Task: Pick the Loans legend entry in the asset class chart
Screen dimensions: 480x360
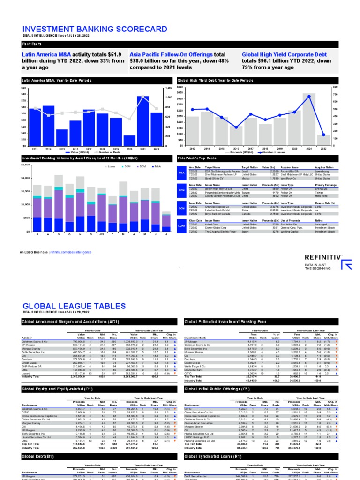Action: [x=110, y=166]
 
